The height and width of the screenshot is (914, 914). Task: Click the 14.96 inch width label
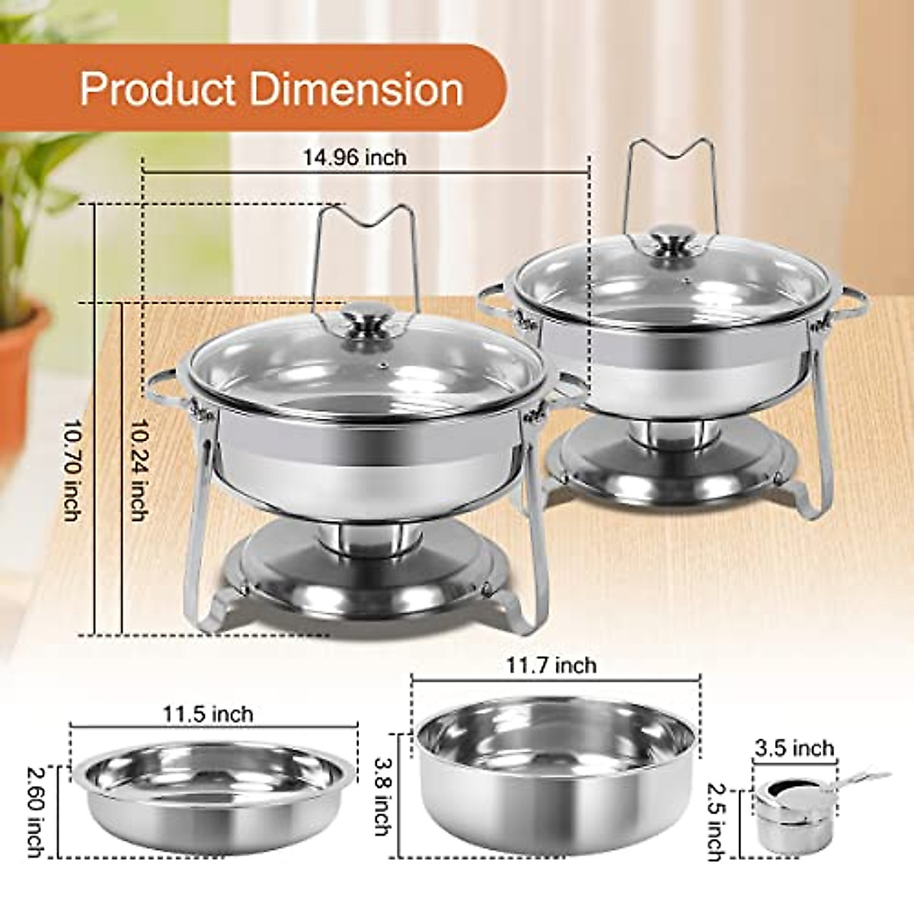pos(355,158)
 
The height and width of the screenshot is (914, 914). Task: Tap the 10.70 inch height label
pos(71,471)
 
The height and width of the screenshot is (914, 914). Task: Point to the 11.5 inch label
pos(207,714)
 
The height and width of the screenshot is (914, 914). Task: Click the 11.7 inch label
pos(551,665)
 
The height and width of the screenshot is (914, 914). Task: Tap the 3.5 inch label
pos(794,749)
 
